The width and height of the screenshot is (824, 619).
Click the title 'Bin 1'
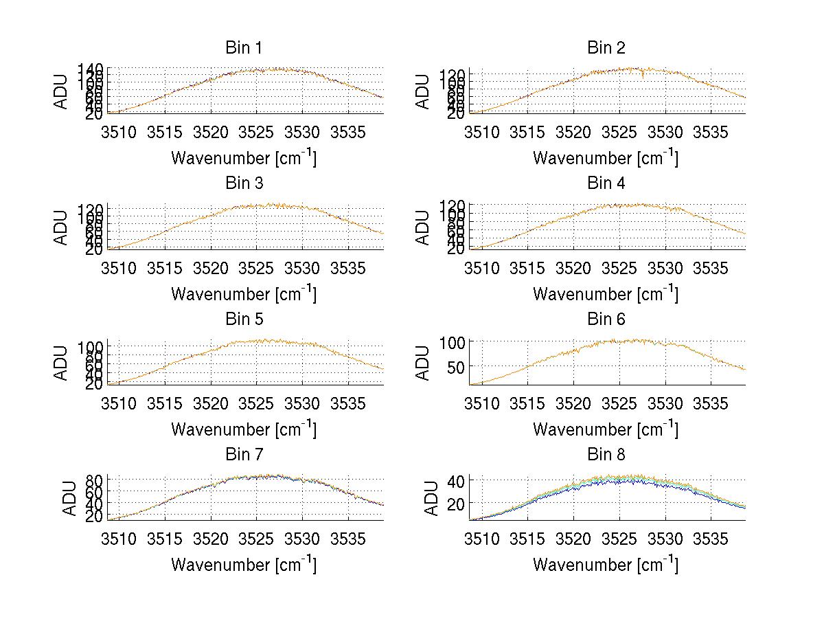click(x=244, y=48)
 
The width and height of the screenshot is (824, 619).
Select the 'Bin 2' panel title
click(x=606, y=48)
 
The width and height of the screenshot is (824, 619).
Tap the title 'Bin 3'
click(x=244, y=183)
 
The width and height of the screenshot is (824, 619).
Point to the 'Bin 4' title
click(x=606, y=183)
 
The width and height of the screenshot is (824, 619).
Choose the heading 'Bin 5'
click(x=244, y=319)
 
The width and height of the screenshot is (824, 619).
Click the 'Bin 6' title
click(x=606, y=319)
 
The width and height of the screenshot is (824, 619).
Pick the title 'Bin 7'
click(x=244, y=455)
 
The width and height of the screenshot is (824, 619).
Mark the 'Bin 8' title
click(x=606, y=455)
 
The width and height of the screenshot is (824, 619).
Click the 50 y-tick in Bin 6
click(x=456, y=367)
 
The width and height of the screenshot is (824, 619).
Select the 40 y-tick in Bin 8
click(x=456, y=480)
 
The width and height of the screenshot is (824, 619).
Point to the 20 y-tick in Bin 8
click(x=456, y=504)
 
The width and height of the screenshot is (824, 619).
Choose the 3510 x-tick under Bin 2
click(x=481, y=132)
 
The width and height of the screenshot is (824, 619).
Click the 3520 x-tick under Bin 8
click(x=573, y=539)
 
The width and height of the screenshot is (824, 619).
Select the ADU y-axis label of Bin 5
click(x=62, y=363)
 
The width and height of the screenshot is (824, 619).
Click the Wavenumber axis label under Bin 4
click(x=606, y=293)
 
